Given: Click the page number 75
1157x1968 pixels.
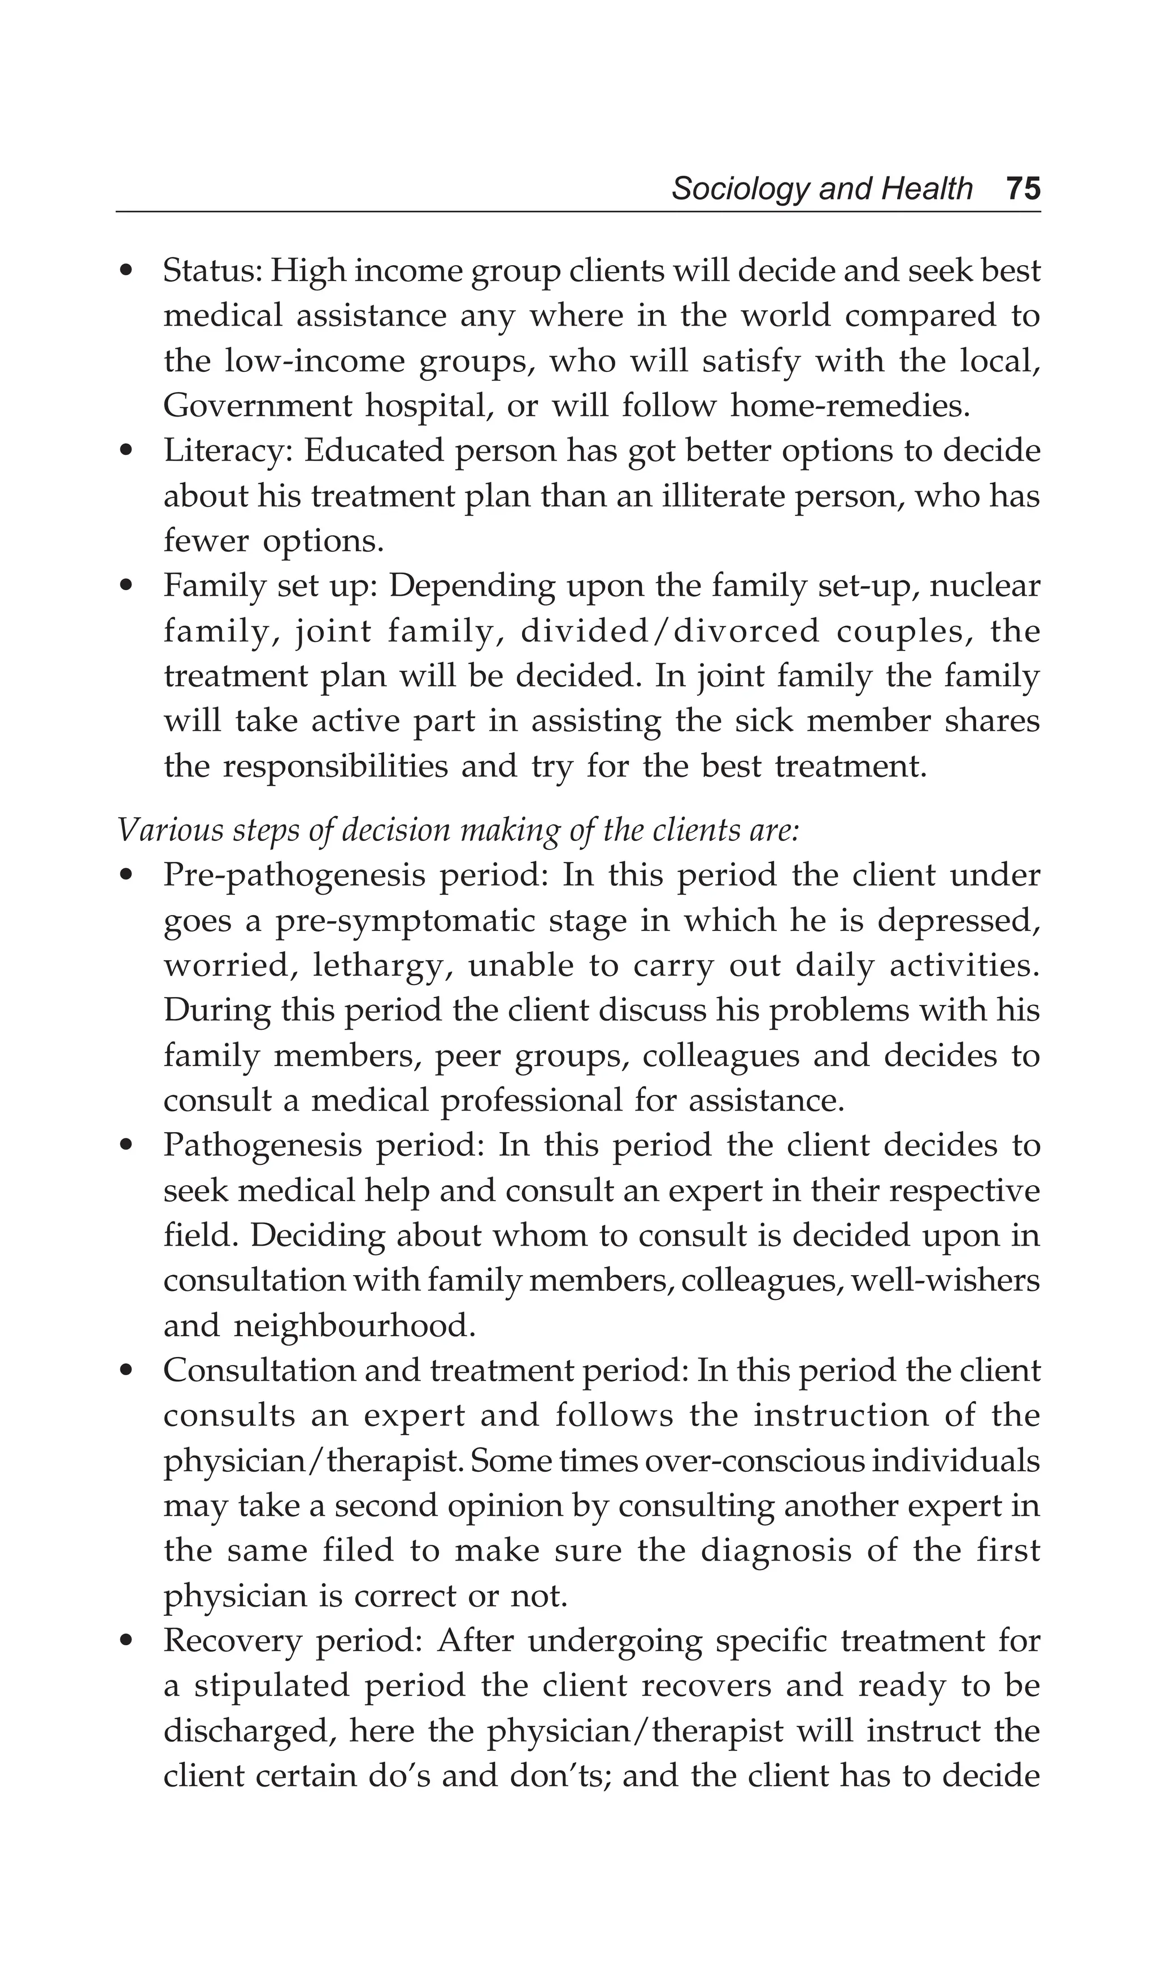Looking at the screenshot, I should pyautogui.click(x=1023, y=189).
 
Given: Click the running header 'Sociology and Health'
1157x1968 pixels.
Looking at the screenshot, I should pyautogui.click(x=821, y=189).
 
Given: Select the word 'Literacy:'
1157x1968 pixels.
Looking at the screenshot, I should pyautogui.click(x=227, y=452).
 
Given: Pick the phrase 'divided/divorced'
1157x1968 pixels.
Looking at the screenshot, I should pyautogui.click(x=670, y=631).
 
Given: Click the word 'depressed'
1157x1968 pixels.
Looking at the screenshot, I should pyautogui.click(x=956, y=921).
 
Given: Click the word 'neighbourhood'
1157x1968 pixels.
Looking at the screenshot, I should pyautogui.click(x=353, y=1326).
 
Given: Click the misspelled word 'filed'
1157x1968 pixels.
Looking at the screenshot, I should pyautogui.click(x=358, y=1551).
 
